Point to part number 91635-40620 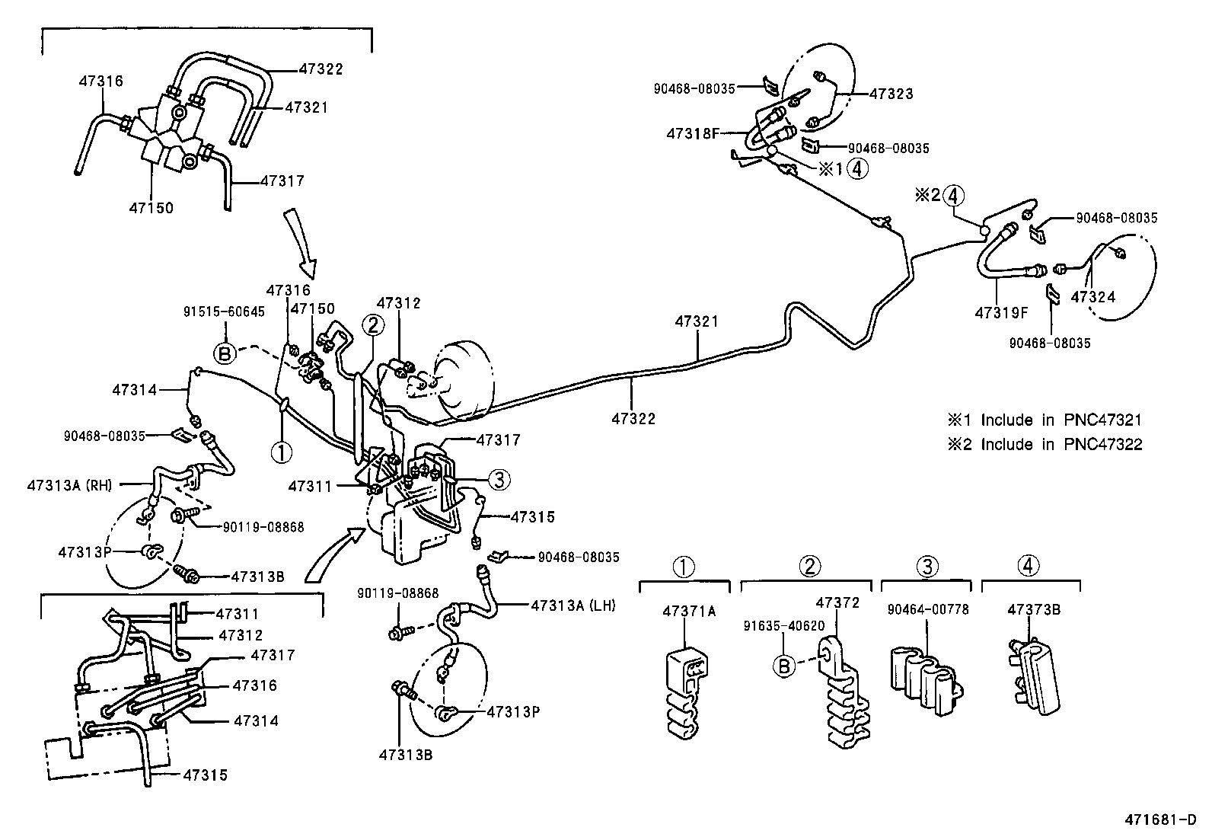pyautogui.click(x=783, y=626)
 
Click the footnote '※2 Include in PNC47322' pyautogui.click(x=1045, y=445)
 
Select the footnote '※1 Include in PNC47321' pyautogui.click(x=1045, y=420)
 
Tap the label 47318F pyautogui.click(x=693, y=134)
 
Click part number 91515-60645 pyautogui.click(x=224, y=311)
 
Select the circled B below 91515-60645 pyautogui.click(x=225, y=353)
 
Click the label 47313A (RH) pyautogui.click(x=70, y=484)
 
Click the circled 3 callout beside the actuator pyautogui.click(x=499, y=480)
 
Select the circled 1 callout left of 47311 pyautogui.click(x=282, y=452)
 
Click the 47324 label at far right pyautogui.click(x=1092, y=297)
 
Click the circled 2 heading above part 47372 pyautogui.click(x=809, y=566)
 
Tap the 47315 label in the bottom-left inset pyautogui.click(x=206, y=775)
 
